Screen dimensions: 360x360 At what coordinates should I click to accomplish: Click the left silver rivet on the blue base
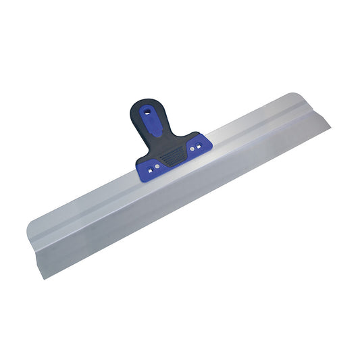pos(157,164)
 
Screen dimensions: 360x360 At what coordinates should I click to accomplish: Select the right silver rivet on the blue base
pos(192,146)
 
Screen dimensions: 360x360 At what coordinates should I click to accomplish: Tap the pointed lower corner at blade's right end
pos(329,124)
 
